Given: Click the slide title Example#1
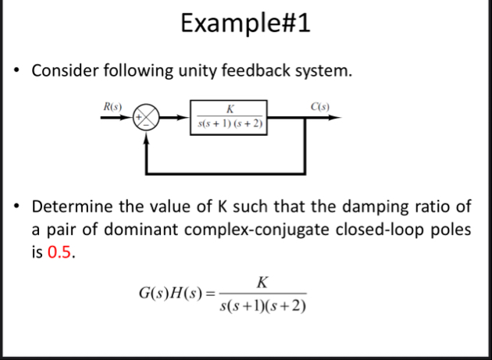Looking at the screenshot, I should point(244,23).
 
